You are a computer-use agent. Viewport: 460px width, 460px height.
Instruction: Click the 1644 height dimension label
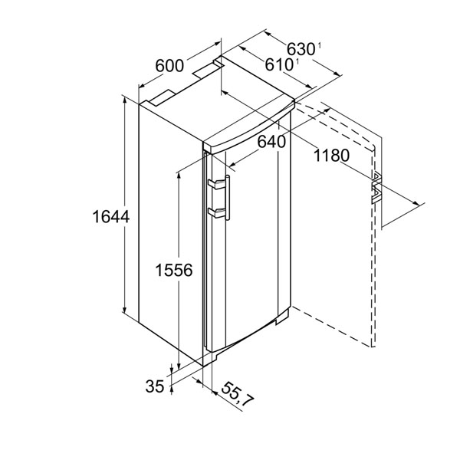point(111,217)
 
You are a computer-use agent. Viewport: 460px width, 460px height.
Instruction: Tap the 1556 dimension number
point(174,270)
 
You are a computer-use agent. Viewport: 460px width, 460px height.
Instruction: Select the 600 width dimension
point(169,66)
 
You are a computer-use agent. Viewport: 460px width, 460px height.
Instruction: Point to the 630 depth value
point(301,49)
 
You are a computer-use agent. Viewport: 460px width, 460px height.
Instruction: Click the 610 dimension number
point(279,64)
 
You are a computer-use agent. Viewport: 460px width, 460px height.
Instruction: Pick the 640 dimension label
point(271,142)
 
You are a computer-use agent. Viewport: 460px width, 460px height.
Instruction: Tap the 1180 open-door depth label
point(331,156)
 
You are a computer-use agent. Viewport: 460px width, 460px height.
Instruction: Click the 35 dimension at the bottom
point(155,386)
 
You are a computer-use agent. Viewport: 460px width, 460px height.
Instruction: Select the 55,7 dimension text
point(237,395)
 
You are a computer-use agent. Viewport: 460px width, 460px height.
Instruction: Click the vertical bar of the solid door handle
point(228,198)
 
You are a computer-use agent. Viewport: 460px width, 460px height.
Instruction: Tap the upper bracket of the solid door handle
point(216,184)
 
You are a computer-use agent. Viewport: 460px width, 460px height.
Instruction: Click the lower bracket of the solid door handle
point(216,212)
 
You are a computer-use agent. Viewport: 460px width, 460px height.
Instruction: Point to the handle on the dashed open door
point(376,189)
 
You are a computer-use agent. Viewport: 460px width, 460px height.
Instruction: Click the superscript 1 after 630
point(320,45)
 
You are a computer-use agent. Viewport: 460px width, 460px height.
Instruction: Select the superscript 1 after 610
point(297,61)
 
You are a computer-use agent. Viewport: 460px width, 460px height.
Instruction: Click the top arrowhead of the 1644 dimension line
point(125,100)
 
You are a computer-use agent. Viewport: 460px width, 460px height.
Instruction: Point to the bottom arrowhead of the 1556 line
point(178,366)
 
